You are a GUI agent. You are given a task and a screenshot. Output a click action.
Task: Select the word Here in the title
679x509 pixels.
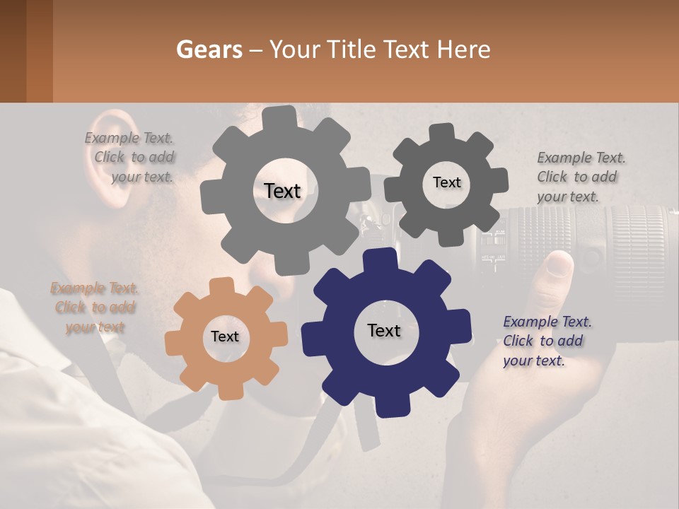coord(463,50)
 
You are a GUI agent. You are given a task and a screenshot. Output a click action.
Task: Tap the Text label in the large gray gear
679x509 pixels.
coord(282,191)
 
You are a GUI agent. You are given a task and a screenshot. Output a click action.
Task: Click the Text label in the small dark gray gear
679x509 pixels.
coord(446,182)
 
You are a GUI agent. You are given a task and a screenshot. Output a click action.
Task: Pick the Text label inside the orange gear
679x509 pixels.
coord(224,337)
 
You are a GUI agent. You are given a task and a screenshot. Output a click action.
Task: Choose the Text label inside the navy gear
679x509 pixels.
coord(383,330)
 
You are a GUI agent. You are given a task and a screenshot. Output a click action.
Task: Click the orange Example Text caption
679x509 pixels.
coord(95,308)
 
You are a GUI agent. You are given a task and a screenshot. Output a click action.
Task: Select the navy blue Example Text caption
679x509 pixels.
coord(547,341)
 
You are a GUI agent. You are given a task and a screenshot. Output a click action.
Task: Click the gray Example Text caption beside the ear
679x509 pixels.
coord(132,157)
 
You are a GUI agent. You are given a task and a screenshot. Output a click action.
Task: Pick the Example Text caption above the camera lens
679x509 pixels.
coord(580,177)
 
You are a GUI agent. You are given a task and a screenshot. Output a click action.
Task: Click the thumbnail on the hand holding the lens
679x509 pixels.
coord(562,264)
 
